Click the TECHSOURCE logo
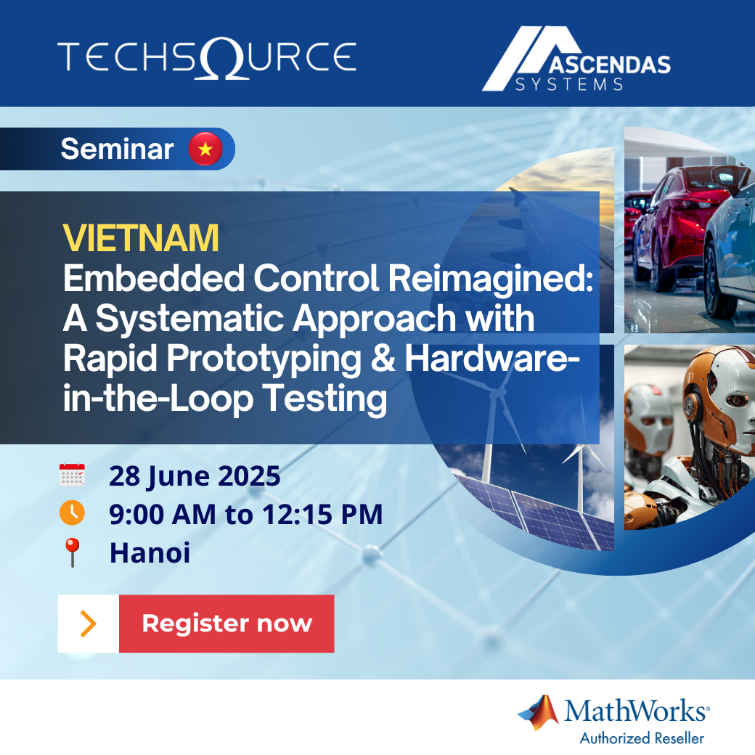point(206,56)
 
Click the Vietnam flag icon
point(205,150)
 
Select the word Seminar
point(117,150)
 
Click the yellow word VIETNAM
point(141,237)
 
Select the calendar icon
point(72,476)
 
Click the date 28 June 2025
point(195,476)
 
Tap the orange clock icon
point(72,513)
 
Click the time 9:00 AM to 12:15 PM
point(245,515)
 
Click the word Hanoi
point(150,553)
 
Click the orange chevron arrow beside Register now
point(88,624)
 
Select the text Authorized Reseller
point(642,738)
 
